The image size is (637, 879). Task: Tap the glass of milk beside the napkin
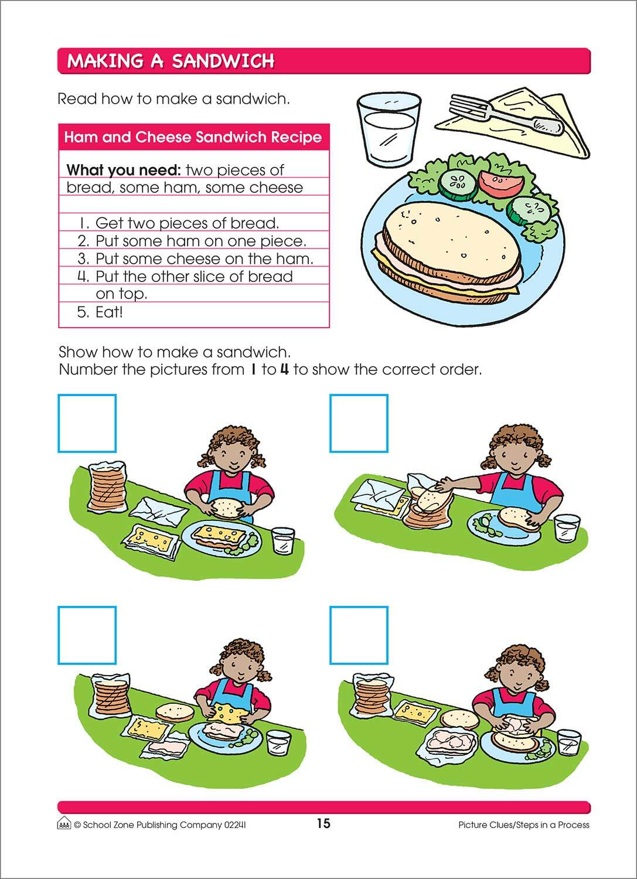click(x=389, y=129)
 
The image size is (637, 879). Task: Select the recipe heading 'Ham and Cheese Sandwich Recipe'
click(x=193, y=138)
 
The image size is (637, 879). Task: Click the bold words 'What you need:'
click(x=123, y=171)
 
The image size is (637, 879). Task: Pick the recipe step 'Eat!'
click(x=109, y=312)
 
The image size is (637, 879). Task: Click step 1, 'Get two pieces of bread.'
click(x=186, y=223)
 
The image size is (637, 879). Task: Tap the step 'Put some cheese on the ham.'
click(x=204, y=258)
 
